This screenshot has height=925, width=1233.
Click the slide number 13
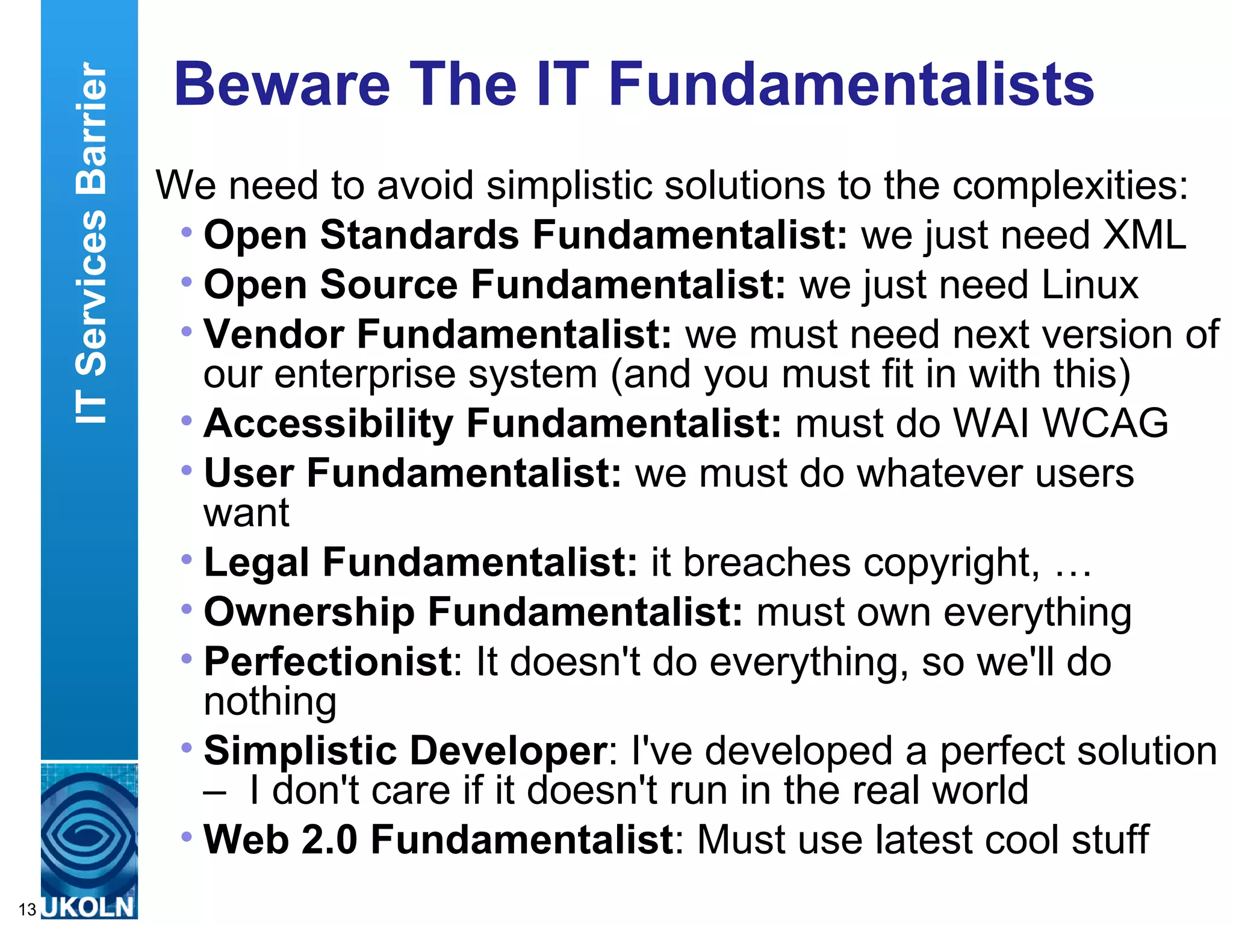(x=28, y=909)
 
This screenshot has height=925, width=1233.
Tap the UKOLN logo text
(x=89, y=907)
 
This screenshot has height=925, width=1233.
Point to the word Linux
(x=1090, y=285)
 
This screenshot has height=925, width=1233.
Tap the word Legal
(x=256, y=563)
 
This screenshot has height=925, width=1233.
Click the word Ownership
(x=309, y=613)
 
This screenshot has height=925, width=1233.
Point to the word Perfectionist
(x=328, y=662)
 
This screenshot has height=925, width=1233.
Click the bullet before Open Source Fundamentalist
(x=187, y=281)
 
